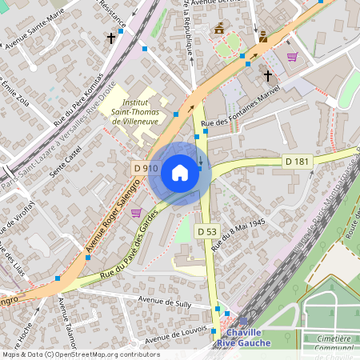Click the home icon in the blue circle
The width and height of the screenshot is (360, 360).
coord(180,172)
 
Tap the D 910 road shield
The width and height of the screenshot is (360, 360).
coord(145,168)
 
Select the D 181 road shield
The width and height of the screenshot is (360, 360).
coord(298,162)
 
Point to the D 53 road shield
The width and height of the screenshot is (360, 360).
coord(207,231)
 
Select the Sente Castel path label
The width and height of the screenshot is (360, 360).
coord(66,161)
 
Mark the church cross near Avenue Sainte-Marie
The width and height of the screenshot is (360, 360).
coord(111,38)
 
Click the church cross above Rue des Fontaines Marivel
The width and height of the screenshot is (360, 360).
coord(267,76)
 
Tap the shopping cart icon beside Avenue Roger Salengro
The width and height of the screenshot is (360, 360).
coord(136,212)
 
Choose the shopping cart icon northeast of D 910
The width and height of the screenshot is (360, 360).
coord(292,57)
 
